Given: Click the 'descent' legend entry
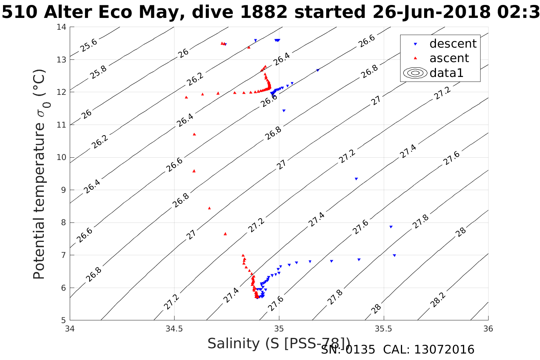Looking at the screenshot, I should [453, 44].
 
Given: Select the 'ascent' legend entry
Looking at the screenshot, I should [449, 58].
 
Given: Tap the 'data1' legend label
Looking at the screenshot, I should [446, 73].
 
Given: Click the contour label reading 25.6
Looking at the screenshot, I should [89, 45].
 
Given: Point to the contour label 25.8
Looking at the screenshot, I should [98, 72].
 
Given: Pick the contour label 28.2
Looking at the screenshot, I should [437, 299].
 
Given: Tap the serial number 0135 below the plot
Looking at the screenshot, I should [361, 350].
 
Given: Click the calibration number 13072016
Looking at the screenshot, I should [444, 350].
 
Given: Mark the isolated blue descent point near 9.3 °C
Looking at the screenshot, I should [356, 179].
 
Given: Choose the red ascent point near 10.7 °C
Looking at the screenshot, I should [194, 134].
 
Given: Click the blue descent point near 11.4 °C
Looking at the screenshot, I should [284, 110].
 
